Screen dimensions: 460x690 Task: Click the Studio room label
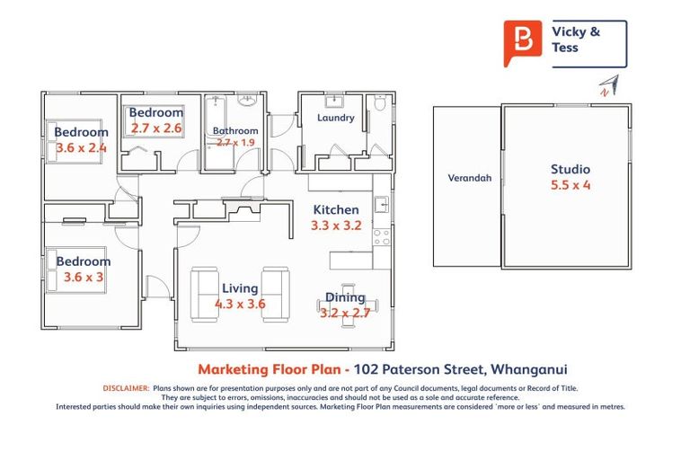pyautogui.click(x=571, y=169)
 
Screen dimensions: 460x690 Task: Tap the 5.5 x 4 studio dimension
pyautogui.click(x=571, y=186)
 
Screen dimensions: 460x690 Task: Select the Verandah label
pyautogui.click(x=469, y=178)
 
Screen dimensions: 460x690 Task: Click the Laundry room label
pyautogui.click(x=335, y=118)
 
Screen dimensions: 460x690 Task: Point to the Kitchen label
pyautogui.click(x=335, y=210)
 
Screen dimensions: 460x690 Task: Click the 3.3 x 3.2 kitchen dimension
pyautogui.click(x=335, y=226)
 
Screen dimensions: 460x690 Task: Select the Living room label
pyautogui.click(x=239, y=288)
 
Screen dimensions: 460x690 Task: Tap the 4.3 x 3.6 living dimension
pyautogui.click(x=240, y=304)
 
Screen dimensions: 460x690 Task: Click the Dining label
pyautogui.click(x=345, y=297)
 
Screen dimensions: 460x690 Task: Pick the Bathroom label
pyautogui.click(x=235, y=131)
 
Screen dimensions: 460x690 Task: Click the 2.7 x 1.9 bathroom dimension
pyautogui.click(x=235, y=142)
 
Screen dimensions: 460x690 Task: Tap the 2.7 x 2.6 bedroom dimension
pyautogui.click(x=155, y=128)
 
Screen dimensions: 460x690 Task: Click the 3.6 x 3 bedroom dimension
pyautogui.click(x=84, y=277)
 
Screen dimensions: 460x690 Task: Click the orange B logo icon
pyautogui.click(x=521, y=41)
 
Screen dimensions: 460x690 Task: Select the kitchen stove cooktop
pyautogui.click(x=382, y=238)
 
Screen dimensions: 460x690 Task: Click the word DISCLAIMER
pyautogui.click(x=125, y=388)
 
